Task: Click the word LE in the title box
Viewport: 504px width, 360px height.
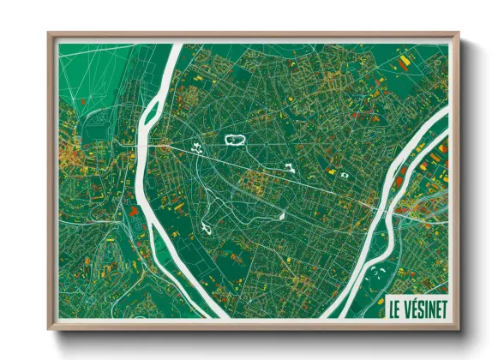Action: click(x=397, y=305)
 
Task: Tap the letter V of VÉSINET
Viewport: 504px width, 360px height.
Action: click(x=410, y=305)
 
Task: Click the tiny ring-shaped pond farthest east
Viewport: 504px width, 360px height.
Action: click(x=345, y=174)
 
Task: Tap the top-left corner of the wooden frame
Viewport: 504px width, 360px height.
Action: click(x=50, y=35)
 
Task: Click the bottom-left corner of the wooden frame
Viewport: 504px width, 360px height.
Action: click(x=50, y=327)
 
